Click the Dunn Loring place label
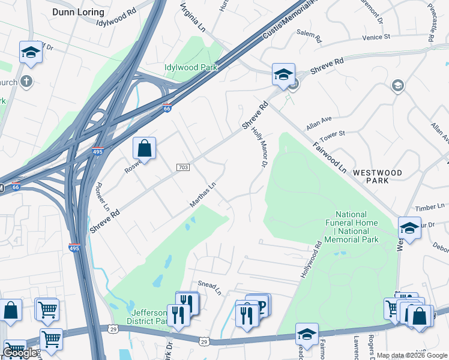tap(78, 12)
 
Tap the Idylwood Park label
tap(191, 68)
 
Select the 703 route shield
tap(183, 167)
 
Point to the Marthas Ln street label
tap(202, 196)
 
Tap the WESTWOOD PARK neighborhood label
tap(377, 176)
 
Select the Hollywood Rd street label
tap(309, 260)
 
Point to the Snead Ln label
tap(210, 288)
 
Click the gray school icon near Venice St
tap(397, 86)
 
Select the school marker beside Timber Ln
tap(409, 228)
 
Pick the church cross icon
tap(26, 81)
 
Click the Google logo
tap(20, 353)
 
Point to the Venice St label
tap(376, 37)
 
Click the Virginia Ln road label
tap(194, 18)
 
